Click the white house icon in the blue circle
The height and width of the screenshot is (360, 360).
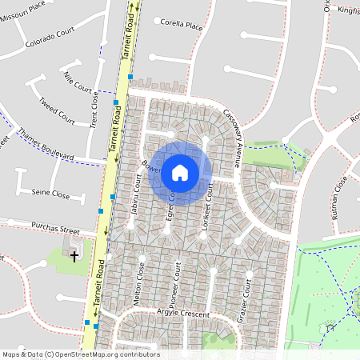180,172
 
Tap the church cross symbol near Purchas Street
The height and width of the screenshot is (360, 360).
75,256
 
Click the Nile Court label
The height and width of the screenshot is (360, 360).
78,82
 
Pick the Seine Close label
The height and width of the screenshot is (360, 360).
50,194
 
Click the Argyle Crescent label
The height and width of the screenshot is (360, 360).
183,313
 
